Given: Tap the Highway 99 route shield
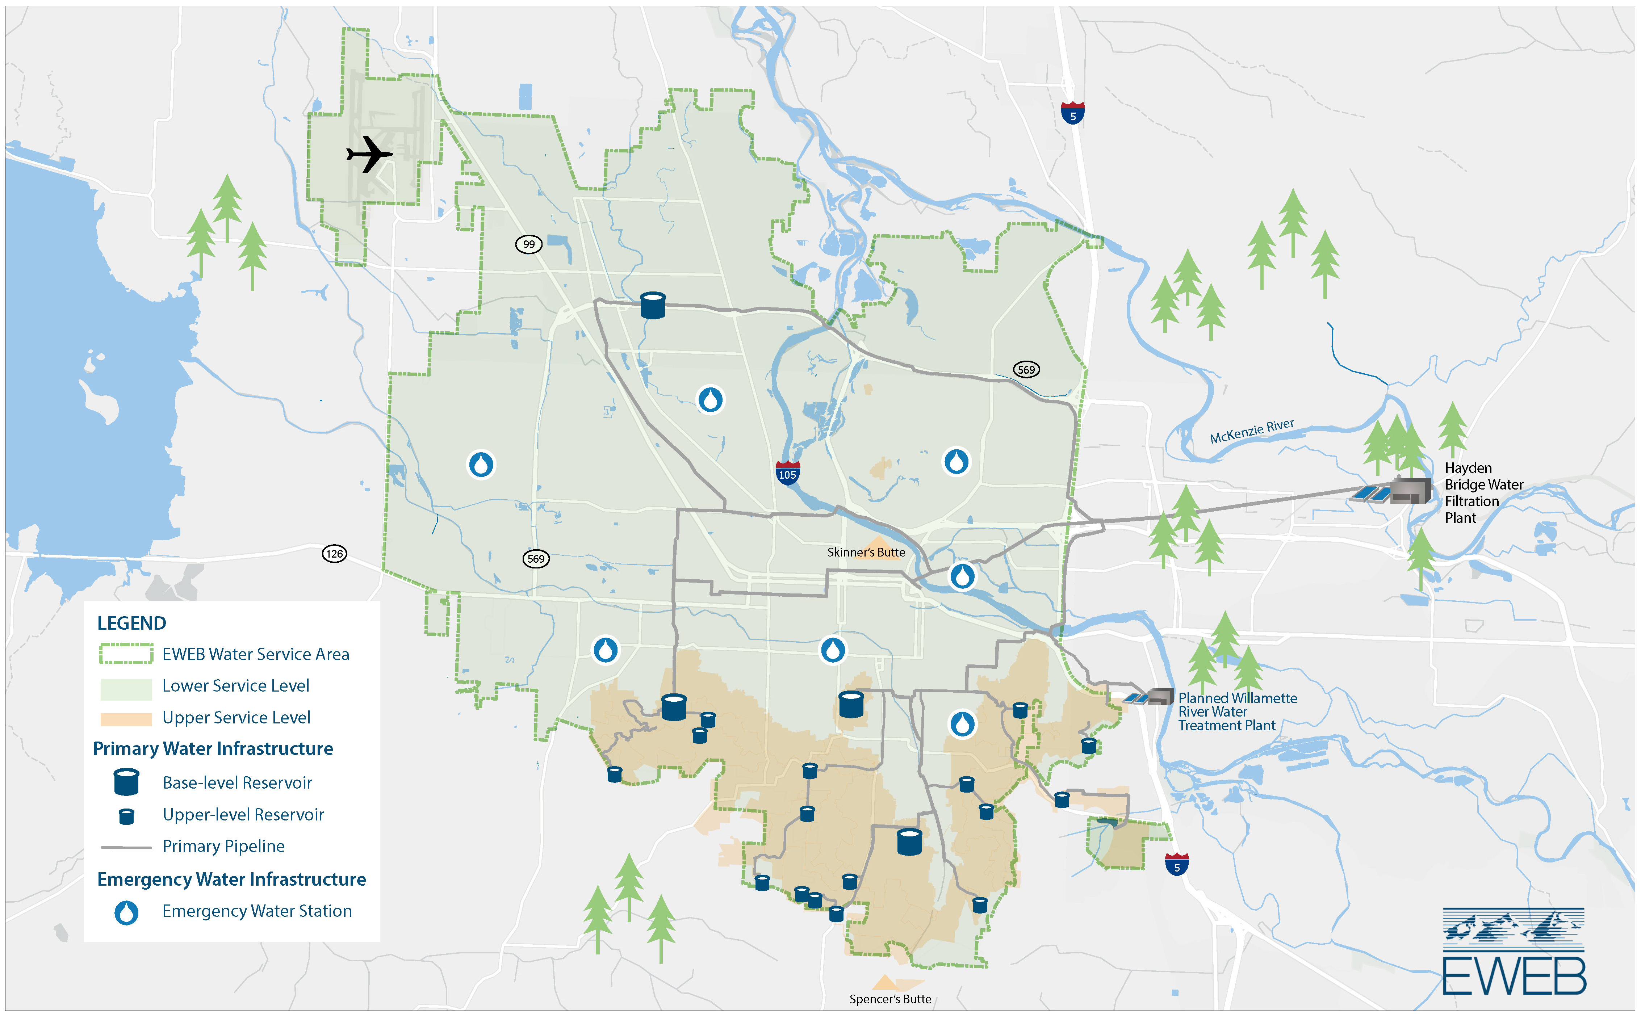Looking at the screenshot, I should [529, 244].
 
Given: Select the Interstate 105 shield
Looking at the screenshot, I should [787, 473].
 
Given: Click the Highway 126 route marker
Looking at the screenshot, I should [334, 554].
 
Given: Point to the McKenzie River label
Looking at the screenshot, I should [1251, 431].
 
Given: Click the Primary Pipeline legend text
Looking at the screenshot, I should [223, 846].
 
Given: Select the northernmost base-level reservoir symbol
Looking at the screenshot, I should [653, 305].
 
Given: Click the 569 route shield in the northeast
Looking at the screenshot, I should [1026, 370].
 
